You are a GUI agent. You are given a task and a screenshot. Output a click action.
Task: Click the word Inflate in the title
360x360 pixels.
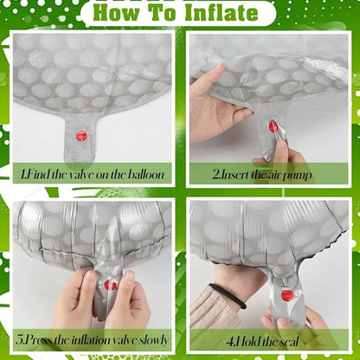(x=222, y=13)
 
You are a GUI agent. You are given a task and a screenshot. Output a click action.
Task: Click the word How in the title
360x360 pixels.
(x=118, y=13)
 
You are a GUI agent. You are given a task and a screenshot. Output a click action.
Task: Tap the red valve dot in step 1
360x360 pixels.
(x=81, y=136)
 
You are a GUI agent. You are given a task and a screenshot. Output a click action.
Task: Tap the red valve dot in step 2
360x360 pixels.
(x=273, y=126)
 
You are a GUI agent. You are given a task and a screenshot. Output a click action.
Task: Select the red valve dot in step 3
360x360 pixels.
(x=110, y=286)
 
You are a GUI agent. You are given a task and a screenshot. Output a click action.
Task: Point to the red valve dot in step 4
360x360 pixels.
(x=287, y=295)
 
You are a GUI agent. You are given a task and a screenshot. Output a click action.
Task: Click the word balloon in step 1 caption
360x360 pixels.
(x=145, y=174)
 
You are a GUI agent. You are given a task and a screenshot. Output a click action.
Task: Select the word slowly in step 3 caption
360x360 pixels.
(x=153, y=340)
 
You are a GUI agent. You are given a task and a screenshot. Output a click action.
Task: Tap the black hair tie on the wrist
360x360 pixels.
(x=228, y=295)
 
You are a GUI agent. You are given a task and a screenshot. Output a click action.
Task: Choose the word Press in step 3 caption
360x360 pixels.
(x=38, y=340)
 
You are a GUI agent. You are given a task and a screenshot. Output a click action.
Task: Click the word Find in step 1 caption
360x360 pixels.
(x=37, y=174)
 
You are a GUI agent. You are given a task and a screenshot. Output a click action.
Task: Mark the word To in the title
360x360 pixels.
(x=164, y=13)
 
